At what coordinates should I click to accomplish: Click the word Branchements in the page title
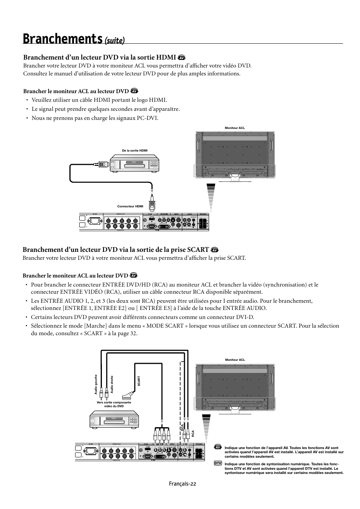[x=62, y=38]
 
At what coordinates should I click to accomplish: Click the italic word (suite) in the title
[x=114, y=40]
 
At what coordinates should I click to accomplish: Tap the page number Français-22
[x=183, y=484]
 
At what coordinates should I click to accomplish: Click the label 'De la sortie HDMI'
[x=135, y=150]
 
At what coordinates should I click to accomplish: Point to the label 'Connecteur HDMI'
[x=130, y=206]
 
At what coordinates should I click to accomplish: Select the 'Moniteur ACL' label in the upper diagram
[x=235, y=128]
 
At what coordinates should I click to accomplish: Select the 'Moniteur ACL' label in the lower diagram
[x=235, y=360]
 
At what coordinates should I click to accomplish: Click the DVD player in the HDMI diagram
[x=135, y=163]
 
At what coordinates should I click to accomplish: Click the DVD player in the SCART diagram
[x=115, y=422]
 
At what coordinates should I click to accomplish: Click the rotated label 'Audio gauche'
[x=96, y=385]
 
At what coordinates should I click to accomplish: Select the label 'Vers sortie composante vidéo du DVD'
[x=114, y=404]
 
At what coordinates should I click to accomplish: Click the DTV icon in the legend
[x=217, y=463]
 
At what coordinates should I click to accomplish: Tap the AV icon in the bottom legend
[x=218, y=447]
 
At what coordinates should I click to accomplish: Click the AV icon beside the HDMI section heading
[x=182, y=58]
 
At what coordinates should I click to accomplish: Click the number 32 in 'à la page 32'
[x=134, y=333]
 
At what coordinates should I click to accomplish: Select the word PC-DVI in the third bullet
[x=148, y=118]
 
